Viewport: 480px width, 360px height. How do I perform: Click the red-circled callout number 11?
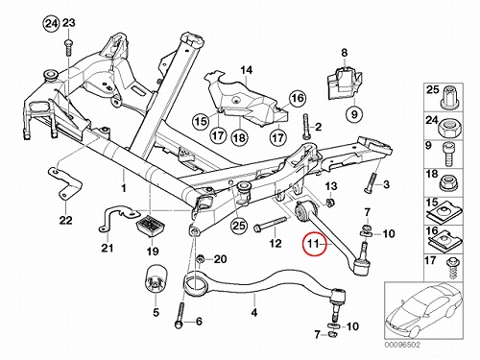coord(314,244)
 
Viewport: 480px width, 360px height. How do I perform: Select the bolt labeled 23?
coord(68,48)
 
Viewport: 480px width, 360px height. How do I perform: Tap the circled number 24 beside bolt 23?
coord(52,24)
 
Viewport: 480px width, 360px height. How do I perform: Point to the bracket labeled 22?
coord(65,184)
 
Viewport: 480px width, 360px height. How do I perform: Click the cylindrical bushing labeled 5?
coord(156,278)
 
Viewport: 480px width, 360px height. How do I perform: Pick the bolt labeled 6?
coord(180,315)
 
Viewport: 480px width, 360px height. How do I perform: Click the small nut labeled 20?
coord(201,258)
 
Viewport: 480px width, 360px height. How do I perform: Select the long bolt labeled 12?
coord(272,225)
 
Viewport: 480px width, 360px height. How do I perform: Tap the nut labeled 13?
coord(330,202)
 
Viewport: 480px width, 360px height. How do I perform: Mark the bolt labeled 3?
coord(371,182)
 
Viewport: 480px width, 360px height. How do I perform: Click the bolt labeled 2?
coord(305,127)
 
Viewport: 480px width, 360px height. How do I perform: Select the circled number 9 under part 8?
coord(354,114)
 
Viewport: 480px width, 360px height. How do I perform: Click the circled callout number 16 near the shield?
coord(298,98)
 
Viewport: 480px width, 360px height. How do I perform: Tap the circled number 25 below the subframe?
coord(239,226)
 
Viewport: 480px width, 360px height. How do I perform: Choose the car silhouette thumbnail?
coord(423,311)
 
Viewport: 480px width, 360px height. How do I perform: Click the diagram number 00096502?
coord(402,345)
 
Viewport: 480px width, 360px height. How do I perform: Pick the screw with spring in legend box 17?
coord(452,268)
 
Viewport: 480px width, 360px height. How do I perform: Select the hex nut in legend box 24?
coord(448,128)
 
